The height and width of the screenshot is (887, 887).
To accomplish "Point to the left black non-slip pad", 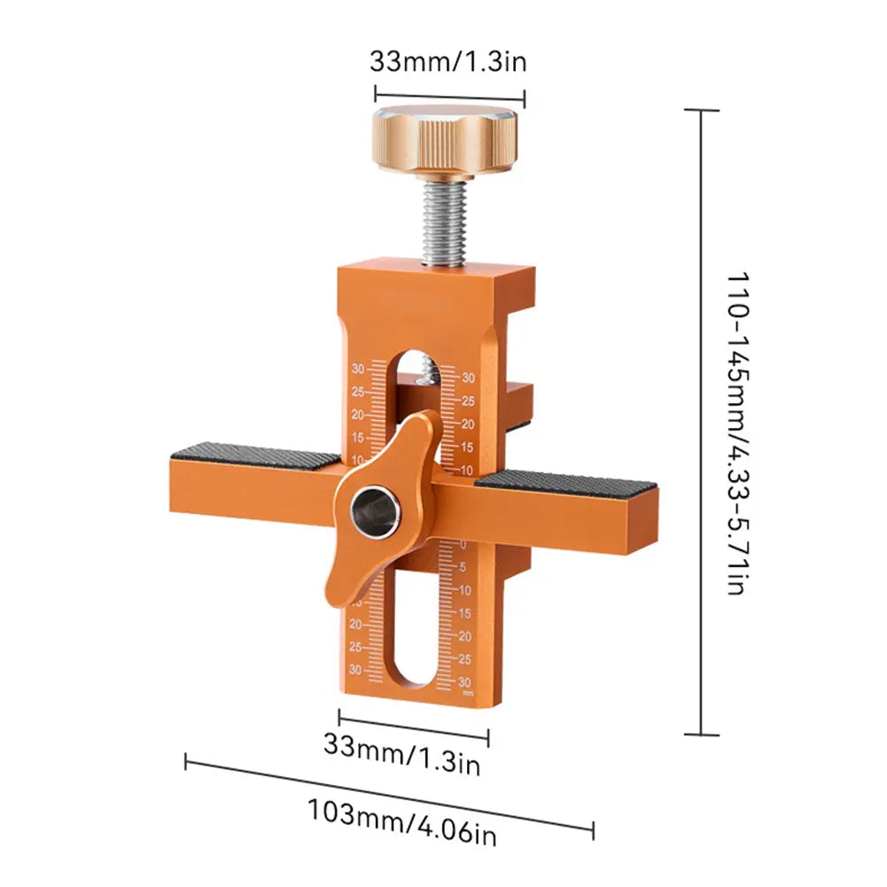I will tap(255, 455).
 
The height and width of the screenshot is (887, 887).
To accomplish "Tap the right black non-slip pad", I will tap(568, 482).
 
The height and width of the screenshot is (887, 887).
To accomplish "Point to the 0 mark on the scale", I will tap(463, 543).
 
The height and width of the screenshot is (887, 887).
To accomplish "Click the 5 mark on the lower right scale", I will tap(464, 567).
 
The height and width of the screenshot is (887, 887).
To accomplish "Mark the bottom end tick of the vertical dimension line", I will tap(702, 734).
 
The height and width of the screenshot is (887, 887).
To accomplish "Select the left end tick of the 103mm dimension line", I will tap(186, 760).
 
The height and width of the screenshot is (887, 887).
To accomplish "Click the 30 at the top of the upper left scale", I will tap(358, 369).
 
